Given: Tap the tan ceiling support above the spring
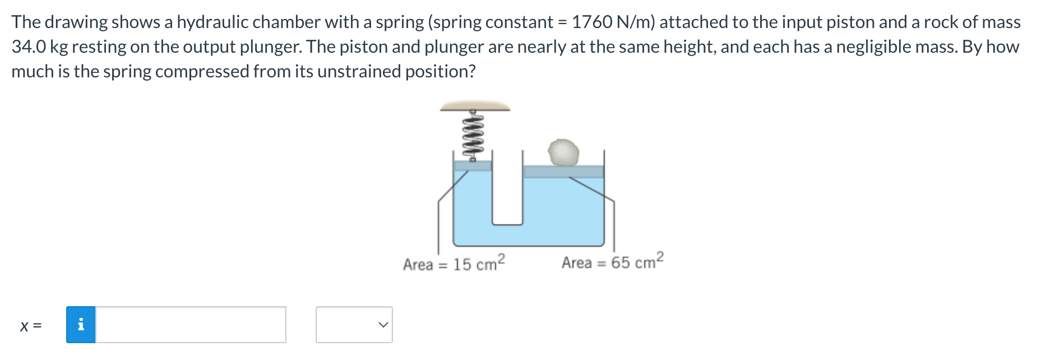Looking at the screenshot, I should (x=475, y=105).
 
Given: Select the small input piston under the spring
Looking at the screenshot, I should (x=473, y=165).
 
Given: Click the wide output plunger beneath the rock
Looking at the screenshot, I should (x=563, y=172).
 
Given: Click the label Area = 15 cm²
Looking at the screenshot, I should (x=454, y=263).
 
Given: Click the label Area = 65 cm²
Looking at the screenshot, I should (x=612, y=262).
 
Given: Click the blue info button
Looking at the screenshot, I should (x=81, y=325).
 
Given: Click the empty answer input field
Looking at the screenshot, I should (x=191, y=325).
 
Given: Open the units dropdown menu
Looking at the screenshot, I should (x=354, y=325).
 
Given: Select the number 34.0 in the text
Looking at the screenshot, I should (x=28, y=47).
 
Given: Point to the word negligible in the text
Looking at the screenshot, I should (x=869, y=47).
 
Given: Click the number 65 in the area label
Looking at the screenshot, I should (x=620, y=262).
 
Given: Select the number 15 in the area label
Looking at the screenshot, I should (x=462, y=264).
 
